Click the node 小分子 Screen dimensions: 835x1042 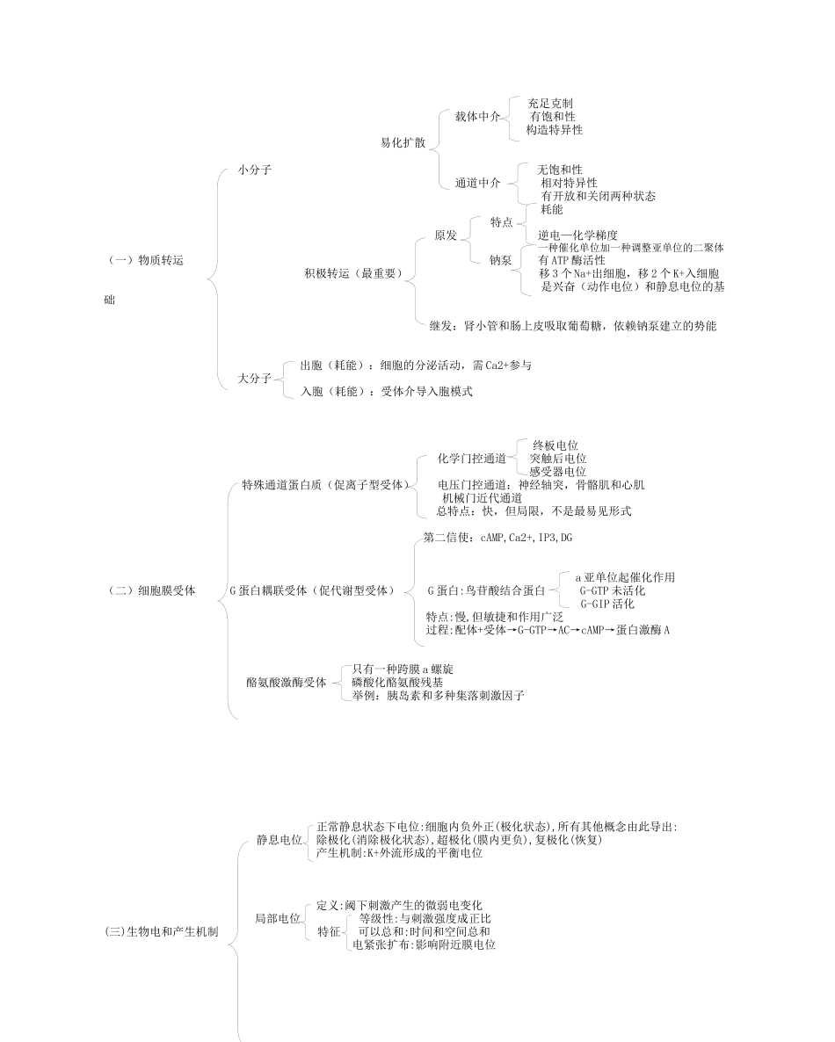254,170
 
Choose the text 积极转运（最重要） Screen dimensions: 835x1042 352,273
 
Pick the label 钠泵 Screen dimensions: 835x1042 501,260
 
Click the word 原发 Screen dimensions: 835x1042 446,235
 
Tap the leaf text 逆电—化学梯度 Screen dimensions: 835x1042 577,235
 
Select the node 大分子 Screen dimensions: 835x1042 254,378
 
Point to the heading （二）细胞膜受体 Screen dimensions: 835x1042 149,591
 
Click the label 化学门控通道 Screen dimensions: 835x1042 472,459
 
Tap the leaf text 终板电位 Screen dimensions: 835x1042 555,445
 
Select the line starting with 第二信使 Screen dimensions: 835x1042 497,537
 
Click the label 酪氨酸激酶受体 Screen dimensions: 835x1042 286,682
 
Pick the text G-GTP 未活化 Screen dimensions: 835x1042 612,590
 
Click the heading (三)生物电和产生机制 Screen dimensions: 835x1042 161,930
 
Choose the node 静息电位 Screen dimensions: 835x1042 279,840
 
